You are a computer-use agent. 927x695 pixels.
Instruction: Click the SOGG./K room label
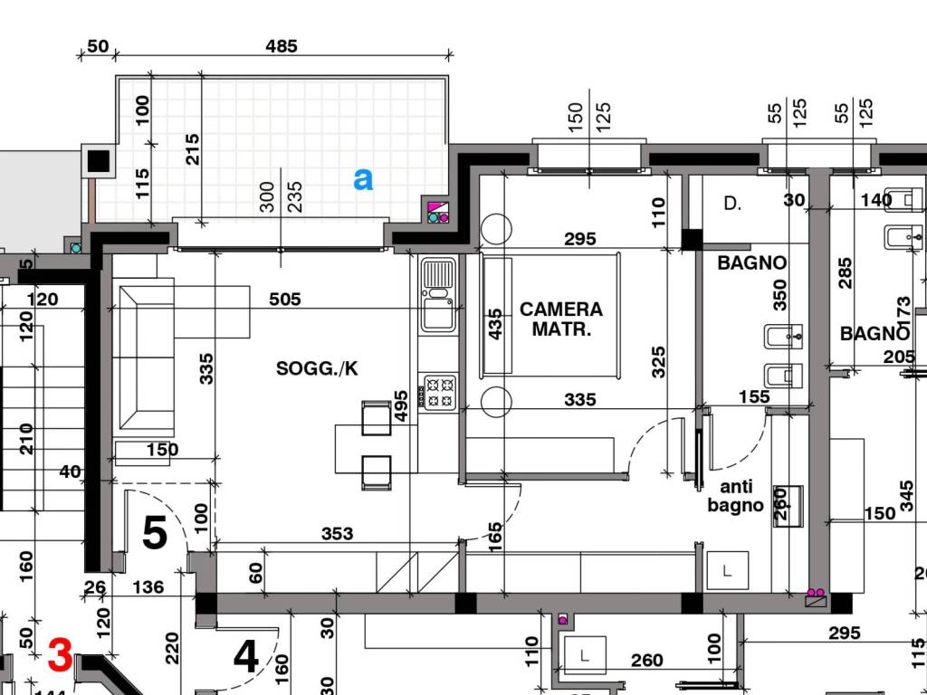pyautogui.click(x=317, y=369)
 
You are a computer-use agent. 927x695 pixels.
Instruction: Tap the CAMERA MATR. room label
pyautogui.click(x=561, y=319)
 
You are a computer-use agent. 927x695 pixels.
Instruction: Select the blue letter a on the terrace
pyautogui.click(x=363, y=179)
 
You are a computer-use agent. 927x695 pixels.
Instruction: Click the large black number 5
pyautogui.click(x=155, y=532)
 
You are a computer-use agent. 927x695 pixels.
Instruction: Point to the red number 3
pyautogui.click(x=61, y=655)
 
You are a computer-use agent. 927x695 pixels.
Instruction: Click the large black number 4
pyautogui.click(x=246, y=657)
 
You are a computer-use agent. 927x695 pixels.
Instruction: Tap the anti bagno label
pyautogui.click(x=736, y=496)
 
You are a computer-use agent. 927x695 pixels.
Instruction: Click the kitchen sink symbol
pyautogui.click(x=438, y=294)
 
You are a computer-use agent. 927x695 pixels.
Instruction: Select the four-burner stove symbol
pyautogui.click(x=438, y=393)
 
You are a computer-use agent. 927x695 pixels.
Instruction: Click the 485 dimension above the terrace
pyautogui.click(x=282, y=45)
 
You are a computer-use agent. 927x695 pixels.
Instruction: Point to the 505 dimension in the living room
pyautogui.click(x=285, y=299)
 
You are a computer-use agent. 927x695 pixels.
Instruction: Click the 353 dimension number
pyautogui.click(x=337, y=534)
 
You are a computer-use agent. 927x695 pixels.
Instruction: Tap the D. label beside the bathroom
pyautogui.click(x=732, y=204)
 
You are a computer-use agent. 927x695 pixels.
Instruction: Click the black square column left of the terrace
pyautogui.click(x=99, y=161)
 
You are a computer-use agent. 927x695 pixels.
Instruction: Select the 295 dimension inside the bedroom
pyautogui.click(x=580, y=239)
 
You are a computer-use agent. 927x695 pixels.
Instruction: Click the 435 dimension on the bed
pyautogui.click(x=495, y=324)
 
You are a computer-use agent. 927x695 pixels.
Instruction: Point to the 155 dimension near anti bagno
pyautogui.click(x=754, y=396)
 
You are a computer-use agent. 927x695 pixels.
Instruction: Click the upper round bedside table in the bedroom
pyautogui.click(x=496, y=229)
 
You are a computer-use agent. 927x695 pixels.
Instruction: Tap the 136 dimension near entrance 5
pyautogui.click(x=148, y=586)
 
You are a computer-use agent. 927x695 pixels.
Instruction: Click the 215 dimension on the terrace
pyautogui.click(x=193, y=149)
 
